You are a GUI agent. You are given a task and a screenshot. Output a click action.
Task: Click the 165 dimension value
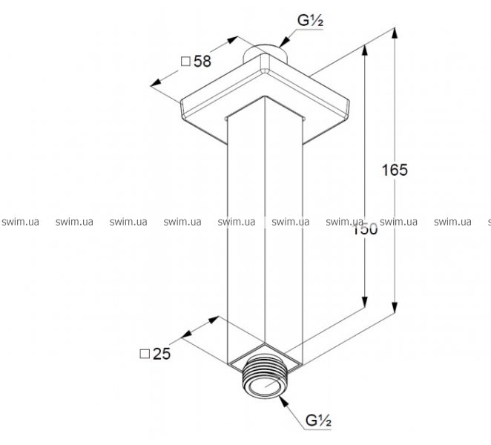pyautogui.click(x=395, y=170)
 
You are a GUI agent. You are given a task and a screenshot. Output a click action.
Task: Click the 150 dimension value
pyautogui.click(x=365, y=229)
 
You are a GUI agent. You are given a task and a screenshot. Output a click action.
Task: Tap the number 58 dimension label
pyautogui.click(x=202, y=61)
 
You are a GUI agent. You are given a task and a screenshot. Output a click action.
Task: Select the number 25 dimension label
pyautogui.click(x=162, y=354)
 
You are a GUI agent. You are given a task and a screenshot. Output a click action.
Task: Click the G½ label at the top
pyautogui.click(x=310, y=21)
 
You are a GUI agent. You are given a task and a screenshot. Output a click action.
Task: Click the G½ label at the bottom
pyautogui.click(x=318, y=421)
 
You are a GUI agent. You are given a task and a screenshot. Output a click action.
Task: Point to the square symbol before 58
pyautogui.click(x=185, y=62)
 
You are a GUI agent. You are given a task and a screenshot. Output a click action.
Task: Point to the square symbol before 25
pyautogui.click(x=145, y=354)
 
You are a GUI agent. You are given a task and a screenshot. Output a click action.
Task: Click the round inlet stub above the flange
pyautogui.click(x=265, y=53)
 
